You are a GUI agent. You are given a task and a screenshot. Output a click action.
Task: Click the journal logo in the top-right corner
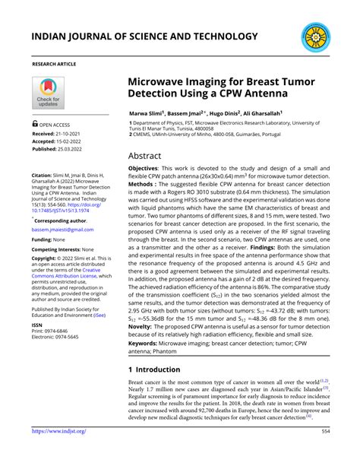pos(315,36)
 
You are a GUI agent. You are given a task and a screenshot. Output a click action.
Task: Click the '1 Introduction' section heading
pos(154,369)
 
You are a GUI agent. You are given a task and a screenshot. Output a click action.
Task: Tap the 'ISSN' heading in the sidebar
pos(37,324)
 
